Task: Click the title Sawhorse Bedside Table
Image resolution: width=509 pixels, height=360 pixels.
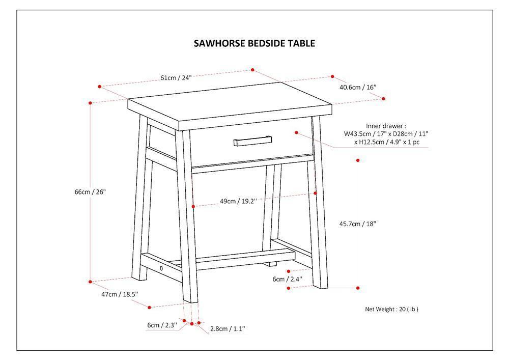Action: [254, 43]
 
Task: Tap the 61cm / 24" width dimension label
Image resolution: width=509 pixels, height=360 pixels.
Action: [176, 78]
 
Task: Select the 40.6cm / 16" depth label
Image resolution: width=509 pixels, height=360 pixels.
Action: [357, 87]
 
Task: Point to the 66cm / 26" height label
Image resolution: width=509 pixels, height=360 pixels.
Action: [90, 192]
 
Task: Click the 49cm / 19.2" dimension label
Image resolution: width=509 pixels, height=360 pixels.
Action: [238, 201]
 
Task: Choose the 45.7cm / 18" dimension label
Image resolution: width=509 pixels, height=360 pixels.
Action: [357, 224]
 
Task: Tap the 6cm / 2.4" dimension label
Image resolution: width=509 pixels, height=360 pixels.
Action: [287, 279]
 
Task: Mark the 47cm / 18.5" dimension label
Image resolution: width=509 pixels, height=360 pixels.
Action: [120, 294]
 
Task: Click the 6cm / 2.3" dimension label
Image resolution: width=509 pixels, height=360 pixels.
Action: [162, 325]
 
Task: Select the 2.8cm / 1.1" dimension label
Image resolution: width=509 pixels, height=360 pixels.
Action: [228, 329]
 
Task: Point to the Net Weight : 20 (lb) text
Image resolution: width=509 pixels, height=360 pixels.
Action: [391, 310]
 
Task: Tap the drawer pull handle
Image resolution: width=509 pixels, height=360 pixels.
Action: [252, 141]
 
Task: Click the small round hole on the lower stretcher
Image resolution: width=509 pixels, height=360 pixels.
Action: [161, 268]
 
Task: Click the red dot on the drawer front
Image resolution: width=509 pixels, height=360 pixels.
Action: [296, 132]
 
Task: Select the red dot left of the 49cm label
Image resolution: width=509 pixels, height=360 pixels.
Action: [193, 206]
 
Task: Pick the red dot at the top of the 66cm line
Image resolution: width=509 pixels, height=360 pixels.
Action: [90, 103]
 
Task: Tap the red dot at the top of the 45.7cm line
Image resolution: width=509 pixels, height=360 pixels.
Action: [358, 160]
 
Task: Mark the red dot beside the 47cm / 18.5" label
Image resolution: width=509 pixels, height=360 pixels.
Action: [149, 308]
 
